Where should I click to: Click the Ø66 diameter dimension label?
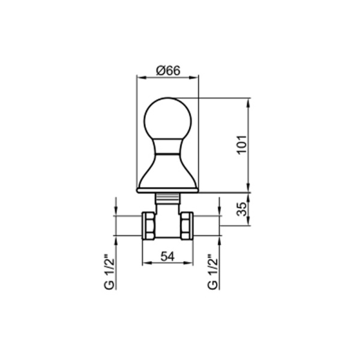(x=168, y=70)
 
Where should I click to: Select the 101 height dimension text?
(x=242, y=145)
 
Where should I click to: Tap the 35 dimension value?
(x=242, y=209)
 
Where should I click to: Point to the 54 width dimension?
(x=167, y=256)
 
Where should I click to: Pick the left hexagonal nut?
(x=149, y=226)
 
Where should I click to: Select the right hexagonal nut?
(x=187, y=226)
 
